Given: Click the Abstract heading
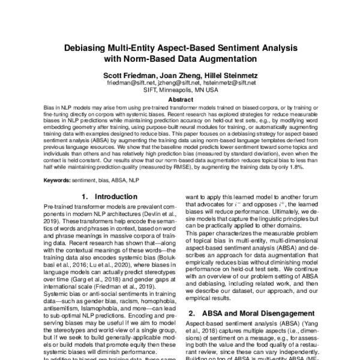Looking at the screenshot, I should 180,99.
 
